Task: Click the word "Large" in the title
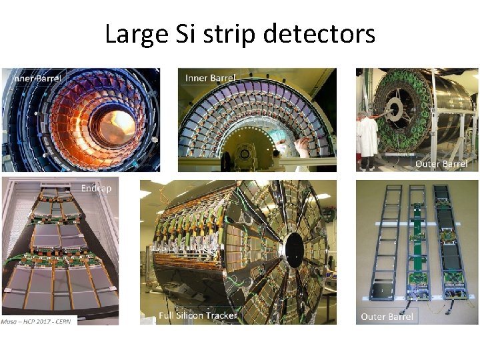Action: (x=133, y=33)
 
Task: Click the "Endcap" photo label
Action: (x=96, y=189)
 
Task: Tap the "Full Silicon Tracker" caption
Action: (x=197, y=315)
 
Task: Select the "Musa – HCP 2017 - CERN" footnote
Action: (x=39, y=321)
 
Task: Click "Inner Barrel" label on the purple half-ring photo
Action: (x=210, y=78)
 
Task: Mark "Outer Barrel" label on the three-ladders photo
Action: (x=387, y=317)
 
